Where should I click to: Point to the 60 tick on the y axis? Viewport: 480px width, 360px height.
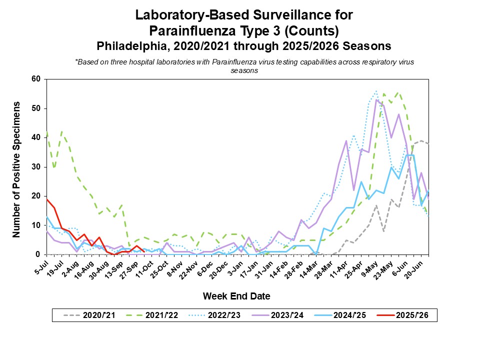pos(36,79)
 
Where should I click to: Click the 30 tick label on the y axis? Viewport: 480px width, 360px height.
pos(36,167)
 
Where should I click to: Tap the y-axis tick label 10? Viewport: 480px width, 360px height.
pos(36,225)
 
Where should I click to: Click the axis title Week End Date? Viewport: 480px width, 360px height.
pos(236,296)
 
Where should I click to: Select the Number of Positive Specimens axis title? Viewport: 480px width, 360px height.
pos(16,169)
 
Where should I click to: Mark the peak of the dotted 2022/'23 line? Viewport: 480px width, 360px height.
pos(376,91)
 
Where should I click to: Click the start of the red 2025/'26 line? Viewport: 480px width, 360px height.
pos(46,199)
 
